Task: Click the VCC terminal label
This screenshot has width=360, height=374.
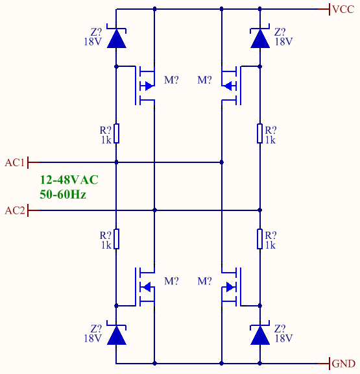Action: click(343, 9)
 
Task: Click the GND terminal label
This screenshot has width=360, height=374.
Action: click(343, 364)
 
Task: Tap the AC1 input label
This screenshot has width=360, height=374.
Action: click(14, 163)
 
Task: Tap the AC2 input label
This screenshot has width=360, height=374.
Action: click(15, 210)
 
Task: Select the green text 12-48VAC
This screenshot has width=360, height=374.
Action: click(69, 180)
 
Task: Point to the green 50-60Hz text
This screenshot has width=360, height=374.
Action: click(63, 194)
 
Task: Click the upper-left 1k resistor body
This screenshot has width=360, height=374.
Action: click(116, 134)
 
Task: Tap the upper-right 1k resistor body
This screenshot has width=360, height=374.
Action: click(260, 134)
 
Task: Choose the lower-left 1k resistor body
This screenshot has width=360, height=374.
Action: click(116, 239)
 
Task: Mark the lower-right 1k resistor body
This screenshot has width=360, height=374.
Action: click(260, 239)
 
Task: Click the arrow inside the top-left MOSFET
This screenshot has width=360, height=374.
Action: click(149, 86)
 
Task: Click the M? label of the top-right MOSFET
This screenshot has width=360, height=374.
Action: click(204, 80)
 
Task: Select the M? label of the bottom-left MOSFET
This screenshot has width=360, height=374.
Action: click(171, 281)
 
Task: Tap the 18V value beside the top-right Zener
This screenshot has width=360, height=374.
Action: click(283, 42)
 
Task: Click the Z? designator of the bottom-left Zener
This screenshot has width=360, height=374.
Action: click(96, 329)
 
